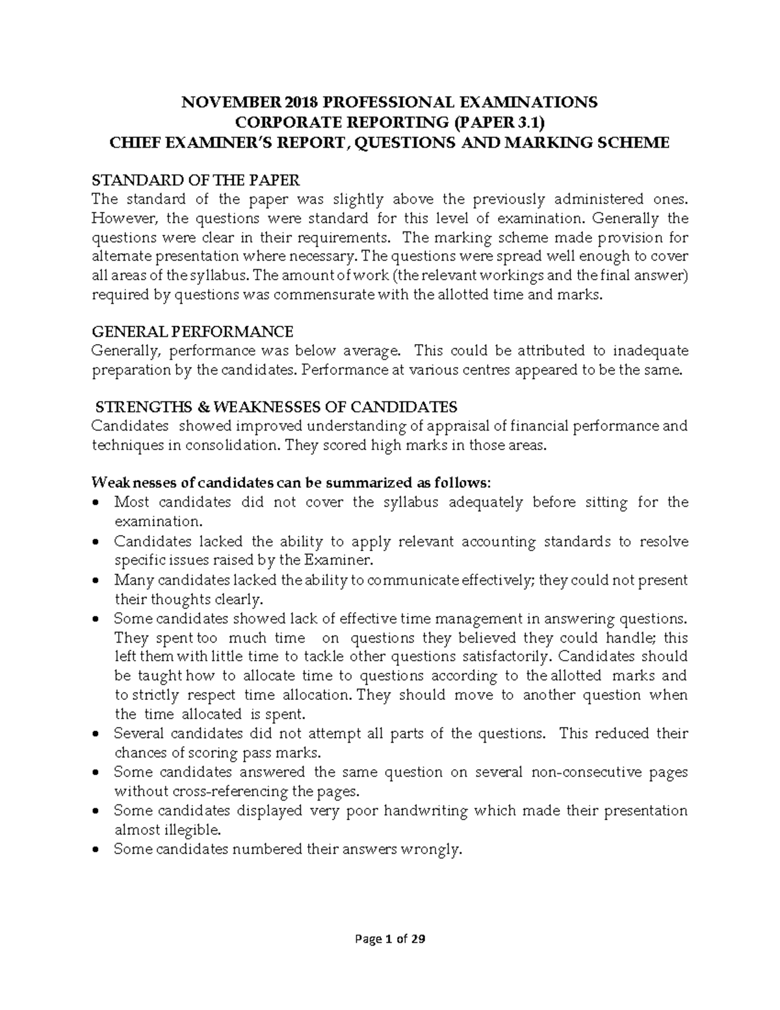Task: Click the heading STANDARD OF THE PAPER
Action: tap(196, 180)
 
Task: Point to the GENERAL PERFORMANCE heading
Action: tap(192, 332)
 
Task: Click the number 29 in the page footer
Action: tap(419, 939)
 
